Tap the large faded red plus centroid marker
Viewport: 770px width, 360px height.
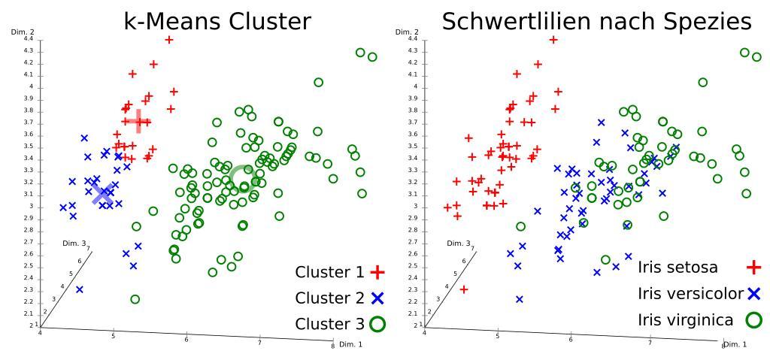[x=136, y=120]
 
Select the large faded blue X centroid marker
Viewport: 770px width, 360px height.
[x=103, y=194]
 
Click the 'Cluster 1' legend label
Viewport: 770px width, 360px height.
[x=329, y=272]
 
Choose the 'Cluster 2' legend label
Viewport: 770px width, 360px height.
[x=329, y=298]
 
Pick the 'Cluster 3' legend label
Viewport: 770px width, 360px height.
[x=329, y=324]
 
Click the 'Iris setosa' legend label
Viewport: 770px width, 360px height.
[x=688, y=267]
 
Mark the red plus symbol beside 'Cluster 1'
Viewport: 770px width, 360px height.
[x=377, y=272]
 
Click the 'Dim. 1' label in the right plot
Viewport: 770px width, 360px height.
[x=734, y=344]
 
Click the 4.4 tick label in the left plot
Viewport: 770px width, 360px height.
[x=28, y=38]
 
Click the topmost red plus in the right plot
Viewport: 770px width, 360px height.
[x=553, y=40]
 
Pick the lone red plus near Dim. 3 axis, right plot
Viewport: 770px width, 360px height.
[x=464, y=289]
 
